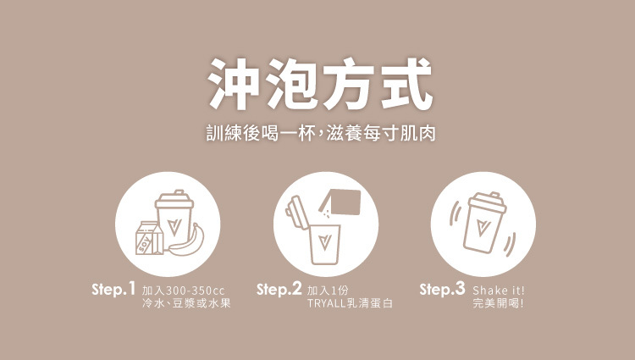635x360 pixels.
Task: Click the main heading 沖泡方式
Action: (x=320, y=84)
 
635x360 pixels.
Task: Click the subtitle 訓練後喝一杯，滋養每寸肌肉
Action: (x=321, y=133)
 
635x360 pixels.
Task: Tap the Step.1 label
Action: (x=113, y=289)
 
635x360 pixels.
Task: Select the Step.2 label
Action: (x=279, y=289)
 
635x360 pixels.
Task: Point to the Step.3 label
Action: (x=442, y=289)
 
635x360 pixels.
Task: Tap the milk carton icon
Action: (x=149, y=238)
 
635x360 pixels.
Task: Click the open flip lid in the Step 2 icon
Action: (x=296, y=213)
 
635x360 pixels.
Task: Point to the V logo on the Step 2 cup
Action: (x=324, y=241)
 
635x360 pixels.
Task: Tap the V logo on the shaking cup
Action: (x=483, y=228)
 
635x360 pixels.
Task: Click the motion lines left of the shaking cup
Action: (x=455, y=213)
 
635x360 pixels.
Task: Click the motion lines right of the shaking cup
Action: (x=510, y=244)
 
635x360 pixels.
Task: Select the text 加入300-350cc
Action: (x=183, y=291)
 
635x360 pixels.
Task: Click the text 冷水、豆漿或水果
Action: (x=186, y=303)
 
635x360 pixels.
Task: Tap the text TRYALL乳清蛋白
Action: (x=350, y=303)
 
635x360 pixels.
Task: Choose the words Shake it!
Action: (x=499, y=291)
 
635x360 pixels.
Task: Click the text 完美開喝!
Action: (x=499, y=303)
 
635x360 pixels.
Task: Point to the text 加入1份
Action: (x=328, y=291)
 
